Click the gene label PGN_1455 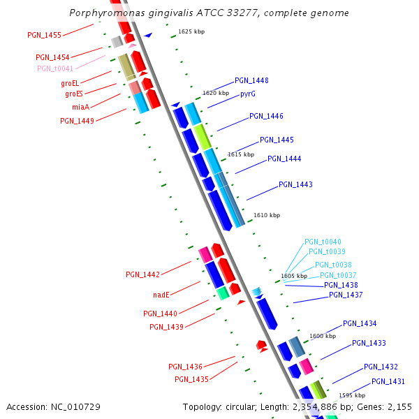pos(44,35)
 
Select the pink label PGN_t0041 pos(54,68)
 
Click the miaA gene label pos(80,108)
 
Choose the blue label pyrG pos(248,94)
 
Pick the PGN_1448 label pos(251,81)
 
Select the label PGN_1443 pos(295,185)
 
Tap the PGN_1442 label pos(142,274)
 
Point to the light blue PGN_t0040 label pos(323,242)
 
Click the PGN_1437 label pos(346,295)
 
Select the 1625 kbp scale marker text pos(191,31)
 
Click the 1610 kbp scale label pos(266,216)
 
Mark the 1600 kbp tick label pos(323,337)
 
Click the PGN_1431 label pos(388,381)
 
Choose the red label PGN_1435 pos(191,379)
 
